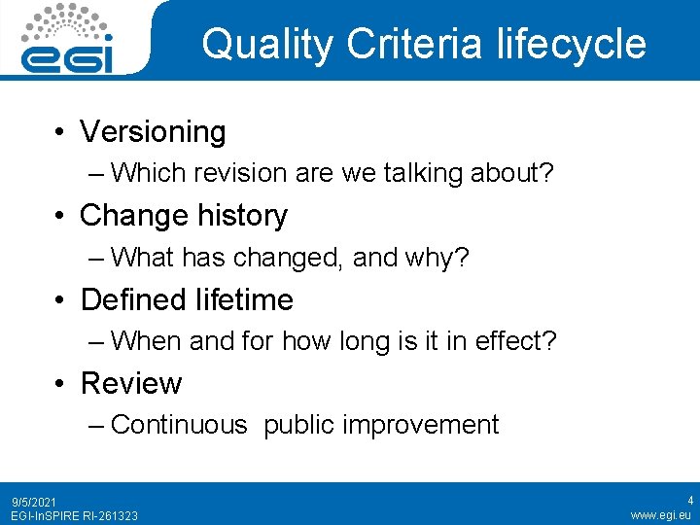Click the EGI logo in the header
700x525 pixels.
click(x=67, y=39)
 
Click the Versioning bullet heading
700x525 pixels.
click(x=153, y=131)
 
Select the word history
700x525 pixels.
click(x=242, y=215)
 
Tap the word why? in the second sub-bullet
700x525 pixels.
click(x=446, y=258)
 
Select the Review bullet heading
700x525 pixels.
click(x=130, y=383)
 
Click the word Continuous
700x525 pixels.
click(x=180, y=425)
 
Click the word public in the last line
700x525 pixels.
click(x=297, y=425)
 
